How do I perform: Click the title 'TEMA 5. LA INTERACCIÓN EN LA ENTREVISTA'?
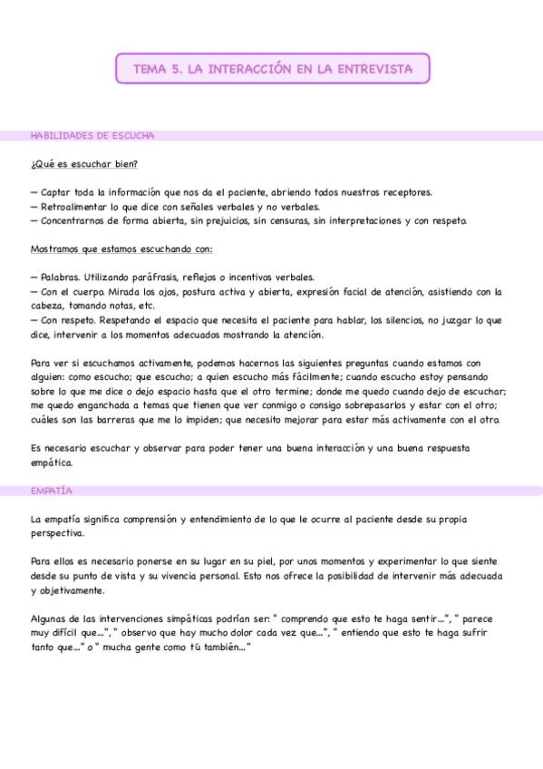pos(272,68)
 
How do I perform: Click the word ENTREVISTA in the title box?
pos(376,68)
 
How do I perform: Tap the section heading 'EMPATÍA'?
pos(51,491)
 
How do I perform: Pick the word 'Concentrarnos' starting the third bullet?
pos(73,220)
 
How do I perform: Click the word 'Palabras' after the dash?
pos(61,277)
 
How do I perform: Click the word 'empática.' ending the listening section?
pos(51,462)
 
